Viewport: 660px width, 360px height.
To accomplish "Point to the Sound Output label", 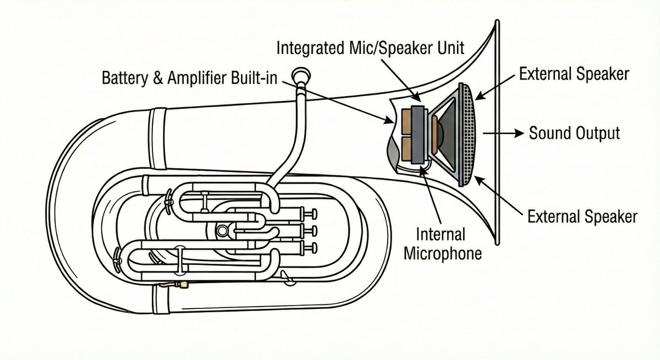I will tap(574, 133).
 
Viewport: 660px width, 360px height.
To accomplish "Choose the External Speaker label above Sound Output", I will tap(574, 74).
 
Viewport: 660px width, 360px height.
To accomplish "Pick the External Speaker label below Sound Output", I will tap(582, 216).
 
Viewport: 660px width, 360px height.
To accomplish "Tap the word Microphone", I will tap(443, 253).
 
